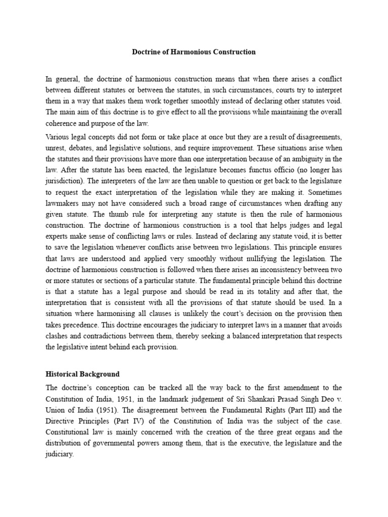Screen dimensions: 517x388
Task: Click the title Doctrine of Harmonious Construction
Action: point(194,52)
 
